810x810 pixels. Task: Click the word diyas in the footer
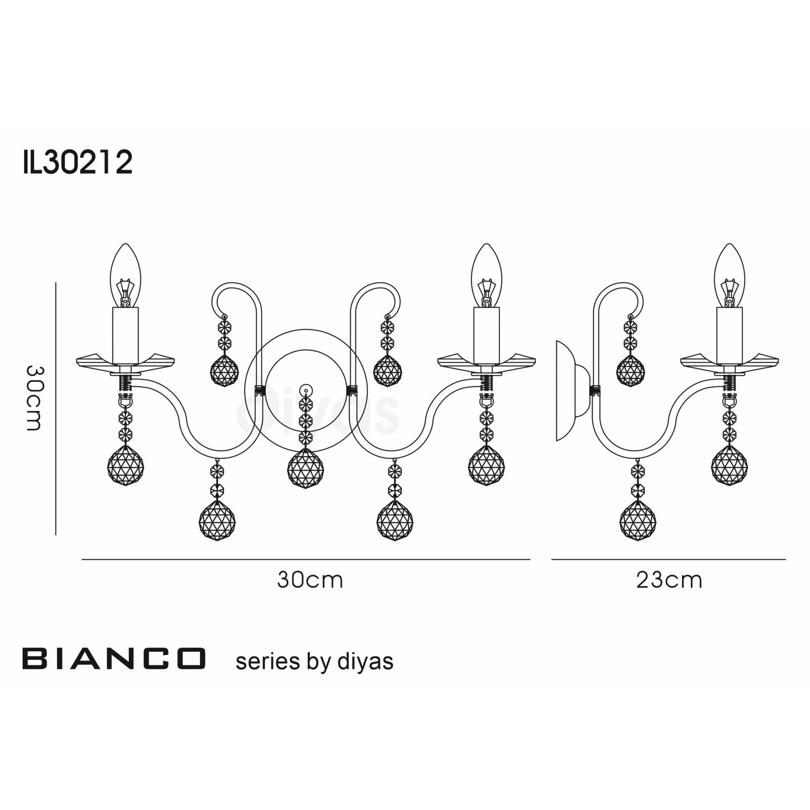[x=365, y=662]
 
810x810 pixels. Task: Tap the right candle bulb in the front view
[x=486, y=275]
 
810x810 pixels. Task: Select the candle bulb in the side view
[x=729, y=275]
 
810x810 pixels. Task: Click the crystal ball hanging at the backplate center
[x=305, y=468]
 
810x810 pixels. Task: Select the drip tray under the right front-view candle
[x=486, y=360]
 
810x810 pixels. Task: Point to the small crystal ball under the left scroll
[x=224, y=371]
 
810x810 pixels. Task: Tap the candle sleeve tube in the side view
[x=729, y=335]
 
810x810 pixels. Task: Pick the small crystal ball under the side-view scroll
[x=631, y=371]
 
